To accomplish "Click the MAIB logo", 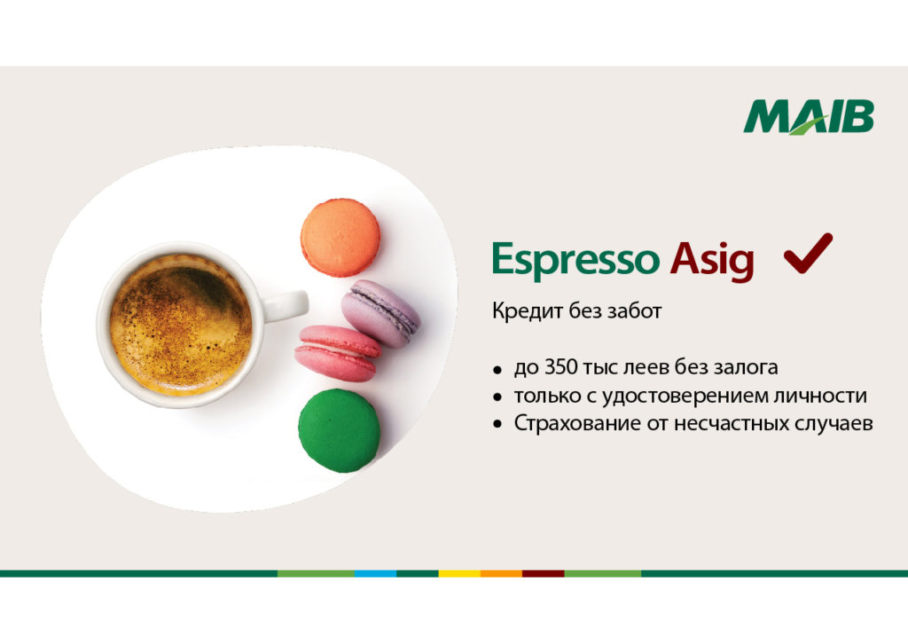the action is pos(809,117).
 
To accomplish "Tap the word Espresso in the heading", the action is pos(575,259).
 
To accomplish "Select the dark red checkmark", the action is pos(808,253).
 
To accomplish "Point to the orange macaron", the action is pos(340,238).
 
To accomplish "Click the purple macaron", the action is pos(380,313).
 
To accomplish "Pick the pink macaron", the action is pos(338,353).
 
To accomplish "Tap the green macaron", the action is pos(340,430).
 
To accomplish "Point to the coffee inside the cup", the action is pos(181,325).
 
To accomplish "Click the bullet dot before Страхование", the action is pos(497,425).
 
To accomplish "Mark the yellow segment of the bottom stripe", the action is pos(459,573).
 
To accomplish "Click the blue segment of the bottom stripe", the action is pos(375,573).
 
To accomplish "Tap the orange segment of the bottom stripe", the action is pos(502,573).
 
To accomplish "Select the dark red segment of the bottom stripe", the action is pos(544,573).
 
